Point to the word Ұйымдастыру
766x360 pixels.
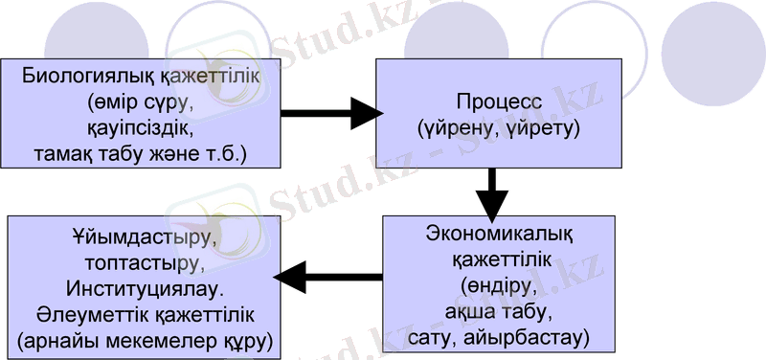[144, 236]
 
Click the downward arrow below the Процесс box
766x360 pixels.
[492, 195]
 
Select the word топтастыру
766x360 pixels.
[144, 261]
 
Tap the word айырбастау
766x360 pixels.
[541, 338]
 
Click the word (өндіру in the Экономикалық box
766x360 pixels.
[493, 285]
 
